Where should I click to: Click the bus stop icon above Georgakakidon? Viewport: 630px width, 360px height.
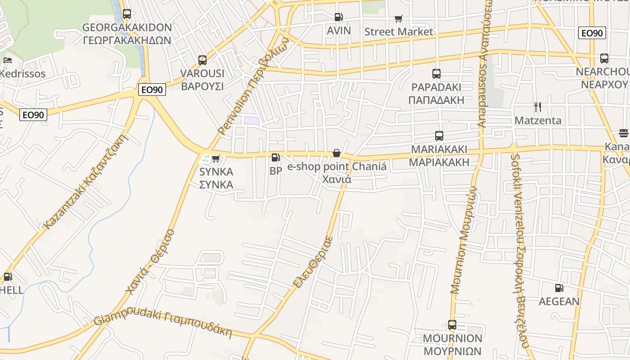(127, 14)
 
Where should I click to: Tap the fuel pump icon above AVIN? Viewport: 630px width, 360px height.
(338, 18)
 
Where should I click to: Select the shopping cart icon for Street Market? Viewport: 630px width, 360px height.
(398, 18)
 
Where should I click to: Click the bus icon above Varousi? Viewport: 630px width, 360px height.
(202, 60)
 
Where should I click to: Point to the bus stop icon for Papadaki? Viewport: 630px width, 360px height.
(436, 74)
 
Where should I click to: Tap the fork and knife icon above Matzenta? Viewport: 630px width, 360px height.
(537, 107)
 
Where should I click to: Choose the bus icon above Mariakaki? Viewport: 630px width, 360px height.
(439, 135)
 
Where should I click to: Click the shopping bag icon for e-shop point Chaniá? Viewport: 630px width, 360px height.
(336, 153)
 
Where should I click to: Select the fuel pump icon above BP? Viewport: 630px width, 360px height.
(275, 157)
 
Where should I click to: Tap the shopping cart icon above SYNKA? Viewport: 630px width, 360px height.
(216, 158)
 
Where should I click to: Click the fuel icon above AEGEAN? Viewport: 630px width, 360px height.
(559, 288)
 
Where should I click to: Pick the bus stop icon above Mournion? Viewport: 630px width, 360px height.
(452, 324)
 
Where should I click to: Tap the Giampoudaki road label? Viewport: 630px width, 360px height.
(163, 325)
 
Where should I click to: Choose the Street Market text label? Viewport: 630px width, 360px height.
(399, 31)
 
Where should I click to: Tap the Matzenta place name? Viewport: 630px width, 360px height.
(538, 120)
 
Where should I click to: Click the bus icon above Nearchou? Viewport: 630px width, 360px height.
(604, 58)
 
